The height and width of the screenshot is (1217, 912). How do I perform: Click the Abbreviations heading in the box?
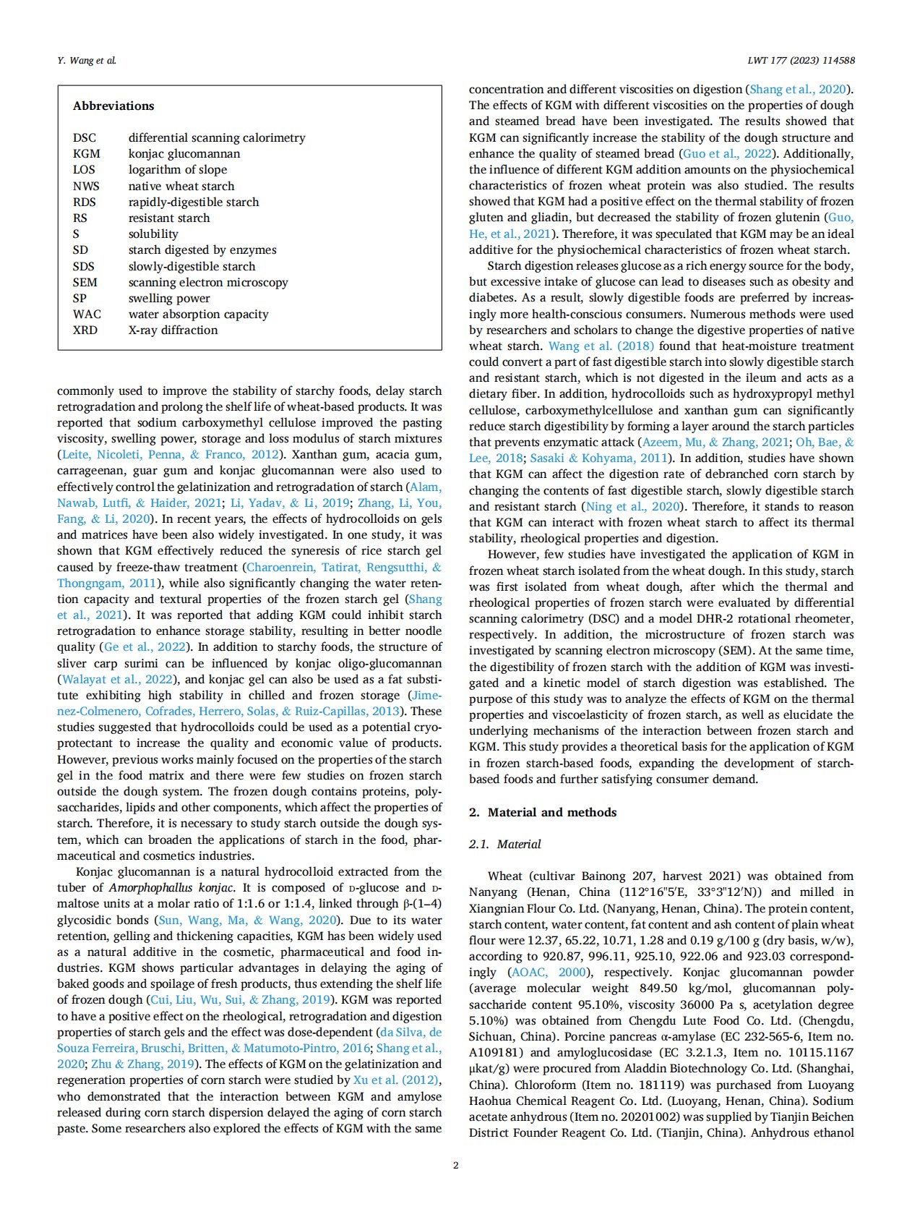(x=113, y=106)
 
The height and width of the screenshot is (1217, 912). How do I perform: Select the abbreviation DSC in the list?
(x=84, y=137)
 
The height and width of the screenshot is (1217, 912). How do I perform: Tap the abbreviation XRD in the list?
(x=85, y=330)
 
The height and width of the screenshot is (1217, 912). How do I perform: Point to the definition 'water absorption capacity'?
(x=198, y=314)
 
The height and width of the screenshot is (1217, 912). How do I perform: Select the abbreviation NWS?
(x=86, y=186)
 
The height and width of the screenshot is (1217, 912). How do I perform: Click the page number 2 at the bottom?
(x=455, y=1165)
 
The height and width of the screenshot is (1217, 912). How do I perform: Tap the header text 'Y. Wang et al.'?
(x=87, y=60)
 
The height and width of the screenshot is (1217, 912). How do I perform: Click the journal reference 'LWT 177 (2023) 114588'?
(x=801, y=60)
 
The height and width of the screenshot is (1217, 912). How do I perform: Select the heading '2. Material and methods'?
(x=543, y=812)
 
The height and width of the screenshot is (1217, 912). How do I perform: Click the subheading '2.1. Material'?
(x=504, y=844)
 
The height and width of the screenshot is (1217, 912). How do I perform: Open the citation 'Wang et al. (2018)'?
(x=601, y=346)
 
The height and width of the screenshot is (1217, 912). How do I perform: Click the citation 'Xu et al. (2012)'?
(x=395, y=1080)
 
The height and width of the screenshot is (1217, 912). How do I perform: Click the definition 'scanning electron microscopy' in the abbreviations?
(x=208, y=282)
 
